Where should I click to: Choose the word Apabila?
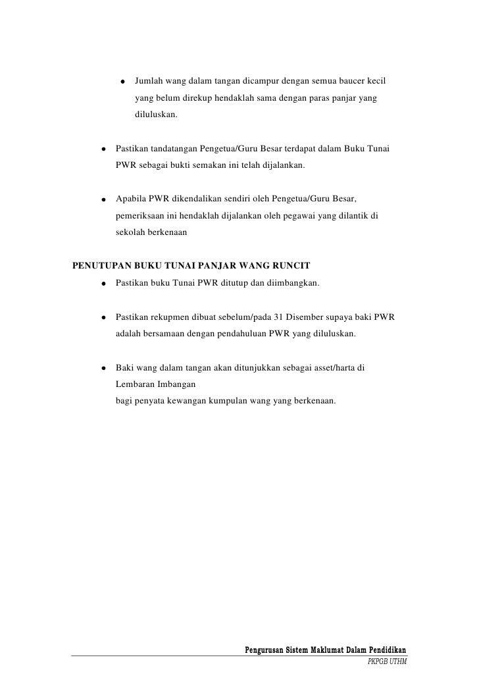(x=132, y=199)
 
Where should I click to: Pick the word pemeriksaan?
(x=141, y=215)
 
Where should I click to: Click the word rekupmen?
(x=171, y=317)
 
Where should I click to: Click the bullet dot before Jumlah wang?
(x=122, y=83)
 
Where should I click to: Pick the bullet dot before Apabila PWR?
(x=103, y=199)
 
